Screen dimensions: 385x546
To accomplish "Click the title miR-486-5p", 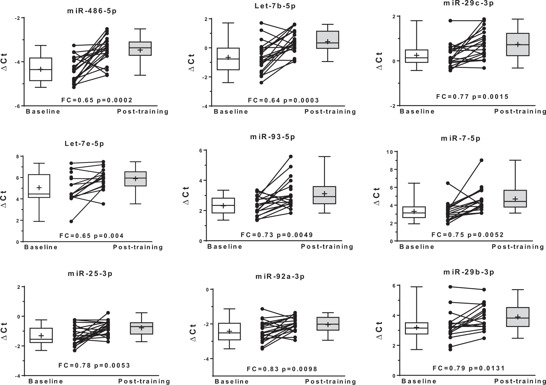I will [x=92, y=10].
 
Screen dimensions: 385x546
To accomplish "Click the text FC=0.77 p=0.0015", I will [x=472, y=97].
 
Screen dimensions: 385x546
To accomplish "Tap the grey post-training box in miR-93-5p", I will [x=324, y=195].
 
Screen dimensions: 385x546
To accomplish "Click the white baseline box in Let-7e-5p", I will [x=39, y=186].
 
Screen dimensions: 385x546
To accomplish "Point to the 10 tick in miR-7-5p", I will [x=387, y=152].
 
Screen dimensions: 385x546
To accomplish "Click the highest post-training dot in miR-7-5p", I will [x=481, y=160].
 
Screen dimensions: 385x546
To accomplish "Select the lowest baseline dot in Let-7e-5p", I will [x=71, y=221].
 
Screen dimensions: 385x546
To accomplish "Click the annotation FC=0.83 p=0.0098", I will [x=282, y=369].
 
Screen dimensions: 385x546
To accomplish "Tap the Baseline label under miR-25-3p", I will [x=45, y=381].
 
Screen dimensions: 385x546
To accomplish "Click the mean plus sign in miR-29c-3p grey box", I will [x=517, y=44].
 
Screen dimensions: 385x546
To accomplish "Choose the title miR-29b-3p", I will [x=468, y=272].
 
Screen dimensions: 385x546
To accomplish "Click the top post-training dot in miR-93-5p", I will [x=290, y=157].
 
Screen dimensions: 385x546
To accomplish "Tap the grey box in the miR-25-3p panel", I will [x=141, y=328].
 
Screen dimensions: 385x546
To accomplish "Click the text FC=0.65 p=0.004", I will [x=91, y=236].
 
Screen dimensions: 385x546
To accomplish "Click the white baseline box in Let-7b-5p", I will [x=228, y=59].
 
